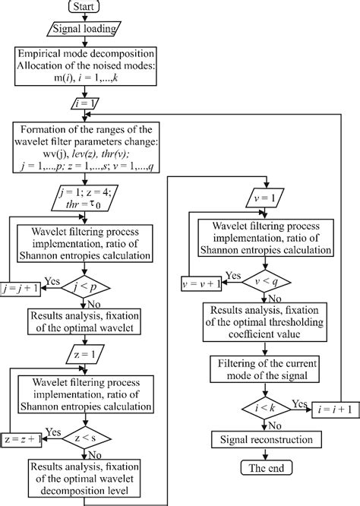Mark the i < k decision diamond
pyautogui.click(x=263, y=407)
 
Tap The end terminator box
pyautogui.click(x=263, y=469)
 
